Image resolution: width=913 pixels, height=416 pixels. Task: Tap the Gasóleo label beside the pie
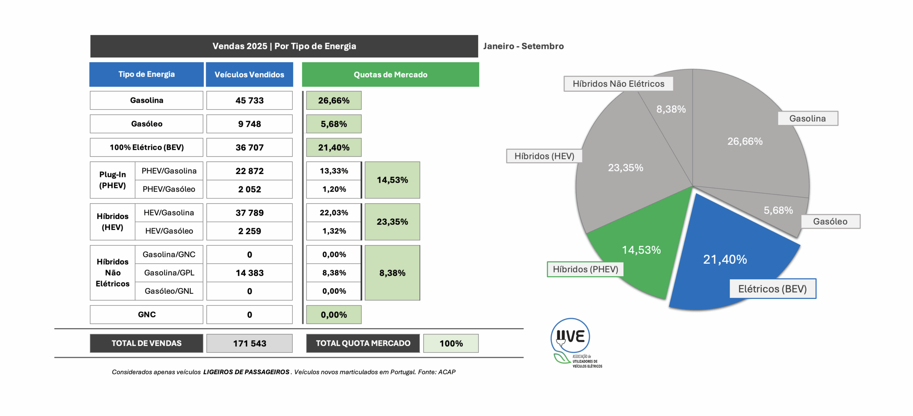830,222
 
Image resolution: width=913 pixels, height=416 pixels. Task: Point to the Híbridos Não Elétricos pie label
618,84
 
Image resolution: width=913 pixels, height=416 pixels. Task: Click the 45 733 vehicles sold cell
249,101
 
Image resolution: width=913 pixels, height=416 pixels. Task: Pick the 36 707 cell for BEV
249,147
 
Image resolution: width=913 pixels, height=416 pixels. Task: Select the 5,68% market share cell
333,124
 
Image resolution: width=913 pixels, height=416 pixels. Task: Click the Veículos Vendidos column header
249,75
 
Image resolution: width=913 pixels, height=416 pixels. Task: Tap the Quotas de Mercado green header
390,75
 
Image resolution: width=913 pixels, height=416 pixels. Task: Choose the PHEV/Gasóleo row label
169,189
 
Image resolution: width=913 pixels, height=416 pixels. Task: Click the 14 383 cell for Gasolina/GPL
249,273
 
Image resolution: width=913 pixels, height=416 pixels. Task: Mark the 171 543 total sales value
249,343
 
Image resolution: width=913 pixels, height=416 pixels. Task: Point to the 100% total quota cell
451,343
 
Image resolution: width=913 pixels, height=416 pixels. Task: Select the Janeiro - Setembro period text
523,46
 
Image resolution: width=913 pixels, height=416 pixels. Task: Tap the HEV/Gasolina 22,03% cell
333,213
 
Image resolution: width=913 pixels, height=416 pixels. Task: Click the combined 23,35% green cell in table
392,222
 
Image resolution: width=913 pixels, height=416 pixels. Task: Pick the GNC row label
147,314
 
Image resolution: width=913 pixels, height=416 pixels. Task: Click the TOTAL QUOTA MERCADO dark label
363,343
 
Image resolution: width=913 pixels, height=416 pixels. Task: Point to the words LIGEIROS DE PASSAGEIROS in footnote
246,372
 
